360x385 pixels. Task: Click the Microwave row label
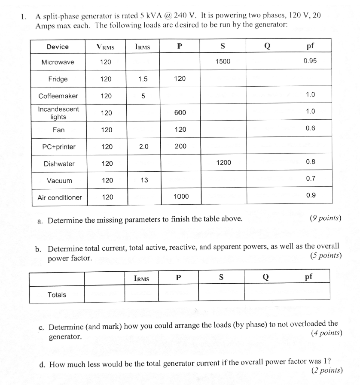(58, 62)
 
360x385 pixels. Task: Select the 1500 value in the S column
(223, 61)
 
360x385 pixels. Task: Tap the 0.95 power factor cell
(310, 61)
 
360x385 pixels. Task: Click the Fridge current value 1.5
(143, 79)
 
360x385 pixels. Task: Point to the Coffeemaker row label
(58, 96)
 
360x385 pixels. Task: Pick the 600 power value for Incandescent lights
(180, 112)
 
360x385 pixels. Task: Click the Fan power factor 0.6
(310, 128)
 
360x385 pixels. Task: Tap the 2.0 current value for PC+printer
(143, 146)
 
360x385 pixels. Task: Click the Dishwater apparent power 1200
(223, 162)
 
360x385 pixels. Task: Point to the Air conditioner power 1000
(181, 196)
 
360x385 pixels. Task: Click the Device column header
(58, 46)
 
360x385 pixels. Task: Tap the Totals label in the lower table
(57, 294)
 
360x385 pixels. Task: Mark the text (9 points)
(326, 218)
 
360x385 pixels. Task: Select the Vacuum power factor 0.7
(310, 178)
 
